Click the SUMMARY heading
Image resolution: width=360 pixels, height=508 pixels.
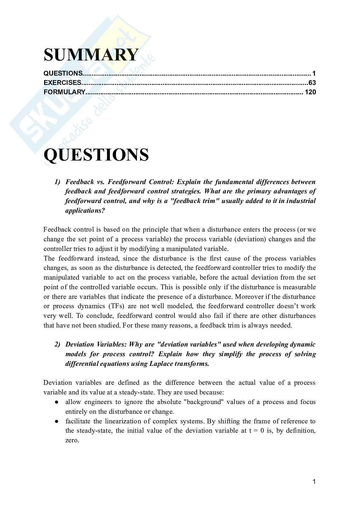point(91,55)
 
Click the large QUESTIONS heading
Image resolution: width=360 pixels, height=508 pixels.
point(96,155)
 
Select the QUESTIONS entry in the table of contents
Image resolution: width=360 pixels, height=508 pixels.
point(63,73)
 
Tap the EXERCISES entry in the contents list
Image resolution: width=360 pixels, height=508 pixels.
point(62,83)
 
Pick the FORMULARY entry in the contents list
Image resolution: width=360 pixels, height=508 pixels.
point(64,92)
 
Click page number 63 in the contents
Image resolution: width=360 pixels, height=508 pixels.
point(312,83)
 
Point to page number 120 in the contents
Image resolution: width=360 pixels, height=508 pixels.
point(310,92)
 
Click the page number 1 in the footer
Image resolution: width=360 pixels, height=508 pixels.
point(314,482)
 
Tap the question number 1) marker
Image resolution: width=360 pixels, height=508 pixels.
point(57,182)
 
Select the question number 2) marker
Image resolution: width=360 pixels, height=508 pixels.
point(57,345)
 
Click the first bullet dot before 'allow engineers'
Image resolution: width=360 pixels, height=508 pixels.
point(56,402)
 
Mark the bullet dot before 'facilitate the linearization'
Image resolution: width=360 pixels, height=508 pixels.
point(56,421)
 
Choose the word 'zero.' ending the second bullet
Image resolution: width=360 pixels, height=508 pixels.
point(72,440)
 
